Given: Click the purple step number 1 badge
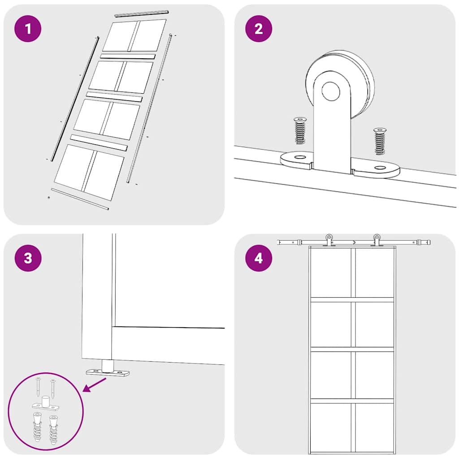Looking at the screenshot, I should [28, 29].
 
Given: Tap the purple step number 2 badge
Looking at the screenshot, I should [259, 29].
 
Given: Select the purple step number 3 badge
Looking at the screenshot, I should [28, 259].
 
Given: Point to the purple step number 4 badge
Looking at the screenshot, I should [259, 259].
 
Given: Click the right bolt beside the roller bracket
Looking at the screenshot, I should [379, 141].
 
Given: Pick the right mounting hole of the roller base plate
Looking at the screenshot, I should [380, 168].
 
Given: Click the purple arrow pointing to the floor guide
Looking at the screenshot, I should [95, 385].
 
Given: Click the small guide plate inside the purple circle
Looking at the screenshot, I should [45, 406].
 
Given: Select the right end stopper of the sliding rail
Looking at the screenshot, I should [422, 242].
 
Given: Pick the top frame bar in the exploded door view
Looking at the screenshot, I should [141, 13].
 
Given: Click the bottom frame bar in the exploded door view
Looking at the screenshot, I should [79, 199].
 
